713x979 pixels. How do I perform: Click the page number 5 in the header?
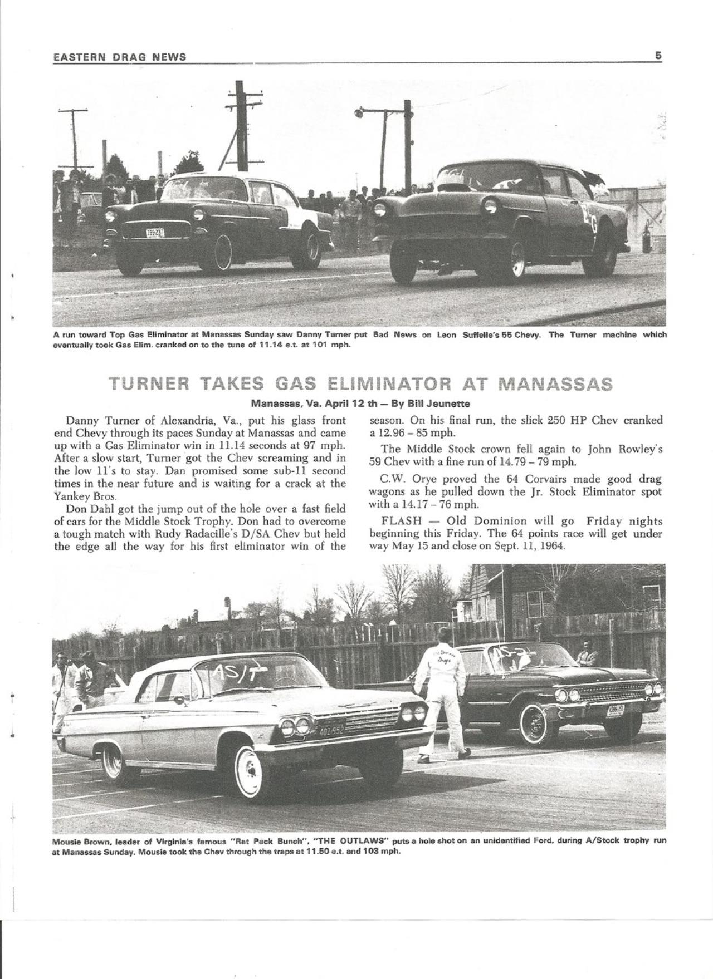tap(658, 56)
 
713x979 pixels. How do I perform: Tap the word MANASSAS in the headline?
tap(555, 383)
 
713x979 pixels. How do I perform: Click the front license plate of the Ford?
tap(615, 710)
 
